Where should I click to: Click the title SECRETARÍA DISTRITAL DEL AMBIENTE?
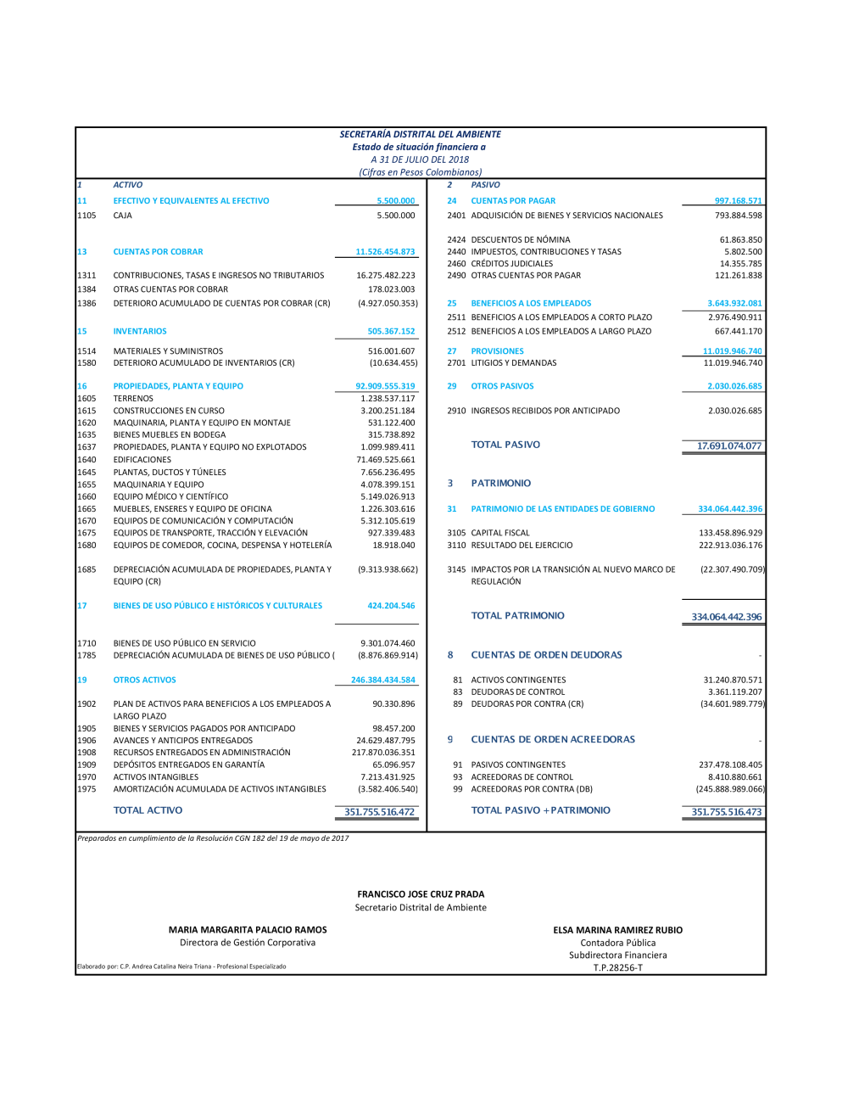pyautogui.click(x=420, y=134)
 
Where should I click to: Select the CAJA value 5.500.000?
pyautogui.click(x=396, y=216)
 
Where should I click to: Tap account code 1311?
pyautogui.click(x=86, y=276)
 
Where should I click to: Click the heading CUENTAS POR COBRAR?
pyautogui.click(x=158, y=252)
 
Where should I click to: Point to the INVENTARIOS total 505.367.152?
pyautogui.click(x=391, y=332)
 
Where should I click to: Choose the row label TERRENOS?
pyautogui.click(x=133, y=399)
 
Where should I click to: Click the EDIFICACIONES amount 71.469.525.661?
pyautogui.click(x=386, y=460)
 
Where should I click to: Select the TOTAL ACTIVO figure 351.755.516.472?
pyautogui.click(x=379, y=812)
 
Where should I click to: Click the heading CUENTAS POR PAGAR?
pyautogui.click(x=513, y=201)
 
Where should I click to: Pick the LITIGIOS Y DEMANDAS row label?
pyautogui.click(x=514, y=363)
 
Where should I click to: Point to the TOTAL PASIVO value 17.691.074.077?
pyautogui.click(x=728, y=446)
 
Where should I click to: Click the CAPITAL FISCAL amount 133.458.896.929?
pyautogui.click(x=730, y=534)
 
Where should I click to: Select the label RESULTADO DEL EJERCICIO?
pyautogui.click(x=522, y=546)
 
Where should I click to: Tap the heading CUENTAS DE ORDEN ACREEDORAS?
pyautogui.click(x=553, y=740)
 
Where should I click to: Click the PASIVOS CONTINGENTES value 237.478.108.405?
pyautogui.click(x=730, y=765)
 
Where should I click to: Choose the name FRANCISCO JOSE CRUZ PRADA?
pyautogui.click(x=421, y=894)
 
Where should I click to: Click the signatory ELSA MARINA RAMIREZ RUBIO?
pyautogui.click(x=617, y=931)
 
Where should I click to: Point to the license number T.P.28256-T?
pyautogui.click(x=617, y=968)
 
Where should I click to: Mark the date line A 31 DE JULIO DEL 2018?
pyautogui.click(x=420, y=160)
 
